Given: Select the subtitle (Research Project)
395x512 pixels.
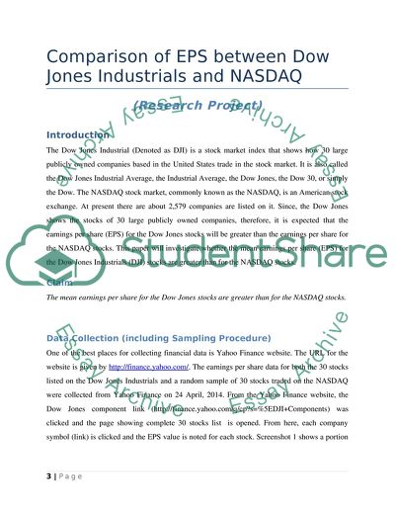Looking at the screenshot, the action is pyautogui.click(x=197, y=105).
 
